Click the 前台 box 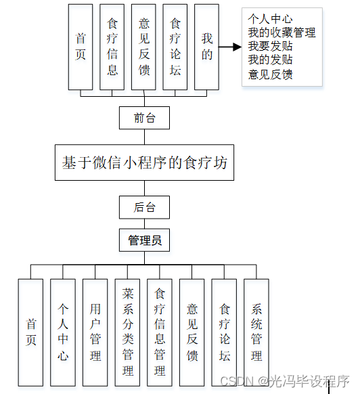coord(144,118)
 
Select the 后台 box coord(144,207)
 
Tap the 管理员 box coord(144,240)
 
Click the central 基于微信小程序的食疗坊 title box coord(144,162)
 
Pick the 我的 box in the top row coord(207,47)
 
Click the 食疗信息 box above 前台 coord(112,47)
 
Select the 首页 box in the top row coord(81,47)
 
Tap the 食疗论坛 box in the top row coord(175,47)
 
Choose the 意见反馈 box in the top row coord(143,47)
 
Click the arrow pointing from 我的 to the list coord(230,47)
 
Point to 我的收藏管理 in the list coord(282,32)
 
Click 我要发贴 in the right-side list coord(271,47)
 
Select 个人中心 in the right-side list coord(271,19)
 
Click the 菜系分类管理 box coord(128,331)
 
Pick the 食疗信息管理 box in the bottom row coord(160,331)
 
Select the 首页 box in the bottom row coord(30,331)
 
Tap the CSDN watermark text coord(285,381)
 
